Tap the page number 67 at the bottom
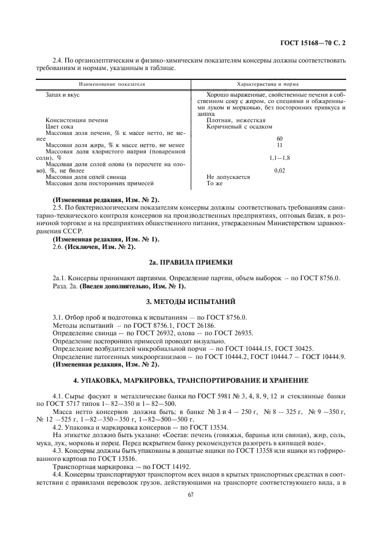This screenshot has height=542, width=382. pos(191,494)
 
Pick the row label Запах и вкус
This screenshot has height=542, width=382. pos(60,94)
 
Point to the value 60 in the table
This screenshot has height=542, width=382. pos(279,139)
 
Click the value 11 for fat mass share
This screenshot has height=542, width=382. pos(279,145)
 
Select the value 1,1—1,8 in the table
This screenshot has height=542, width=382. pos(279,158)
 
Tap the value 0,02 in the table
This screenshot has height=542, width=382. pos(279,170)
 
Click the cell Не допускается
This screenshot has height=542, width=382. pos(228,177)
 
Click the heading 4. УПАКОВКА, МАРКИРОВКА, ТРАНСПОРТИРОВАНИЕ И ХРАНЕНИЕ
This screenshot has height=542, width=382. pos(191,380)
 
